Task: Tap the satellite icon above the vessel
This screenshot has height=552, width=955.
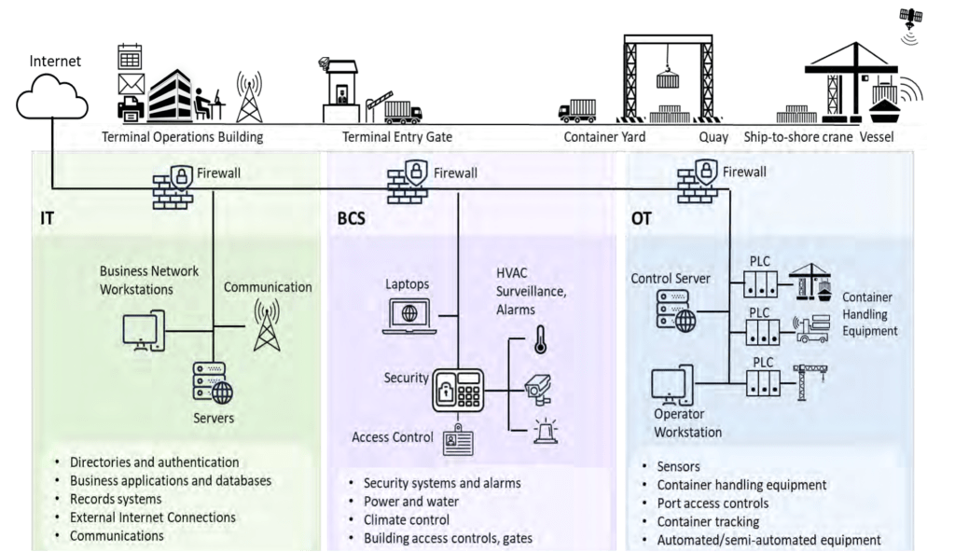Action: (910, 19)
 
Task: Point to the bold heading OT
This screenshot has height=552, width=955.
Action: (642, 220)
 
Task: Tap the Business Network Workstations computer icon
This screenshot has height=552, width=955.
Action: (145, 331)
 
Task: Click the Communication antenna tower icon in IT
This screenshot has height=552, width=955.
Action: (268, 326)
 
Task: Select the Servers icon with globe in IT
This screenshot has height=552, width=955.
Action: (212, 382)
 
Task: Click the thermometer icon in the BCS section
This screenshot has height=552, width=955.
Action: (539, 339)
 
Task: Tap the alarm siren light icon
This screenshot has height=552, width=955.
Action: (544, 431)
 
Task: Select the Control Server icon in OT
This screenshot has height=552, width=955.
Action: (676, 310)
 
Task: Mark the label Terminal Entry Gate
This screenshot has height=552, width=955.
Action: (397, 137)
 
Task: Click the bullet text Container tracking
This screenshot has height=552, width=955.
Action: (708, 522)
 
